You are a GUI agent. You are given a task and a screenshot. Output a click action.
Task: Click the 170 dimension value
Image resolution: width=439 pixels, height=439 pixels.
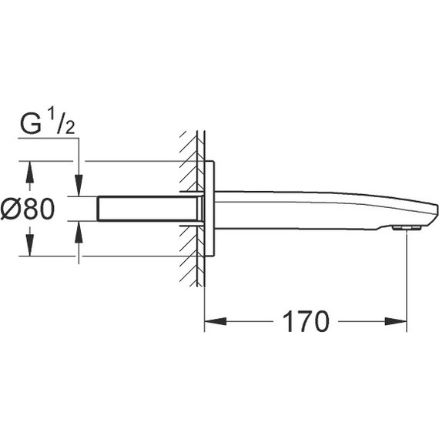306,322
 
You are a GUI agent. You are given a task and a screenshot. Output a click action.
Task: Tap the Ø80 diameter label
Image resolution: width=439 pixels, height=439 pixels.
28,209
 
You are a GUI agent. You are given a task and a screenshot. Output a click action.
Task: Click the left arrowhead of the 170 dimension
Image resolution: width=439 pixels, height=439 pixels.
216,321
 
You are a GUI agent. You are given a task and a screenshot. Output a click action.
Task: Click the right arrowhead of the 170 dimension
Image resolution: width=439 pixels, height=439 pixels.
396,321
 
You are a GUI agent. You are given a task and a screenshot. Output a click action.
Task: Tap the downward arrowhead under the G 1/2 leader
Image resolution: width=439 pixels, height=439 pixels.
79,186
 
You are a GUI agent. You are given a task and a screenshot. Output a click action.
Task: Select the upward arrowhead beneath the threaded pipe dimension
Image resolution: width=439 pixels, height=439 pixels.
79,232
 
